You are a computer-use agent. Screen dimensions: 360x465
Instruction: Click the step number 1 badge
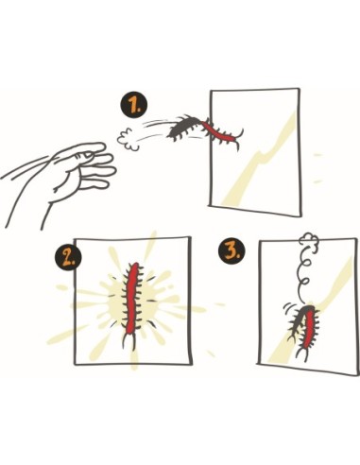pos(133,107)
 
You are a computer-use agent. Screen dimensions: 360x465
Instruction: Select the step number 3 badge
pos(231,251)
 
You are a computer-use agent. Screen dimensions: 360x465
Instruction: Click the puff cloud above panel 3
pos(309,240)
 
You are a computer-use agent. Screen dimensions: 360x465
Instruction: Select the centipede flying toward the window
pos(205,129)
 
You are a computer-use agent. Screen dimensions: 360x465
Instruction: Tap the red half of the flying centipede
pos(220,133)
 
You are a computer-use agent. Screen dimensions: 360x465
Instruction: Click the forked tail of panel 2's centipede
pos(129,342)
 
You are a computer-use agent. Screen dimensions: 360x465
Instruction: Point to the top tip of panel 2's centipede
pos(135,264)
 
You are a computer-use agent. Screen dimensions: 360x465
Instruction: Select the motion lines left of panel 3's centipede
pos(288,307)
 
